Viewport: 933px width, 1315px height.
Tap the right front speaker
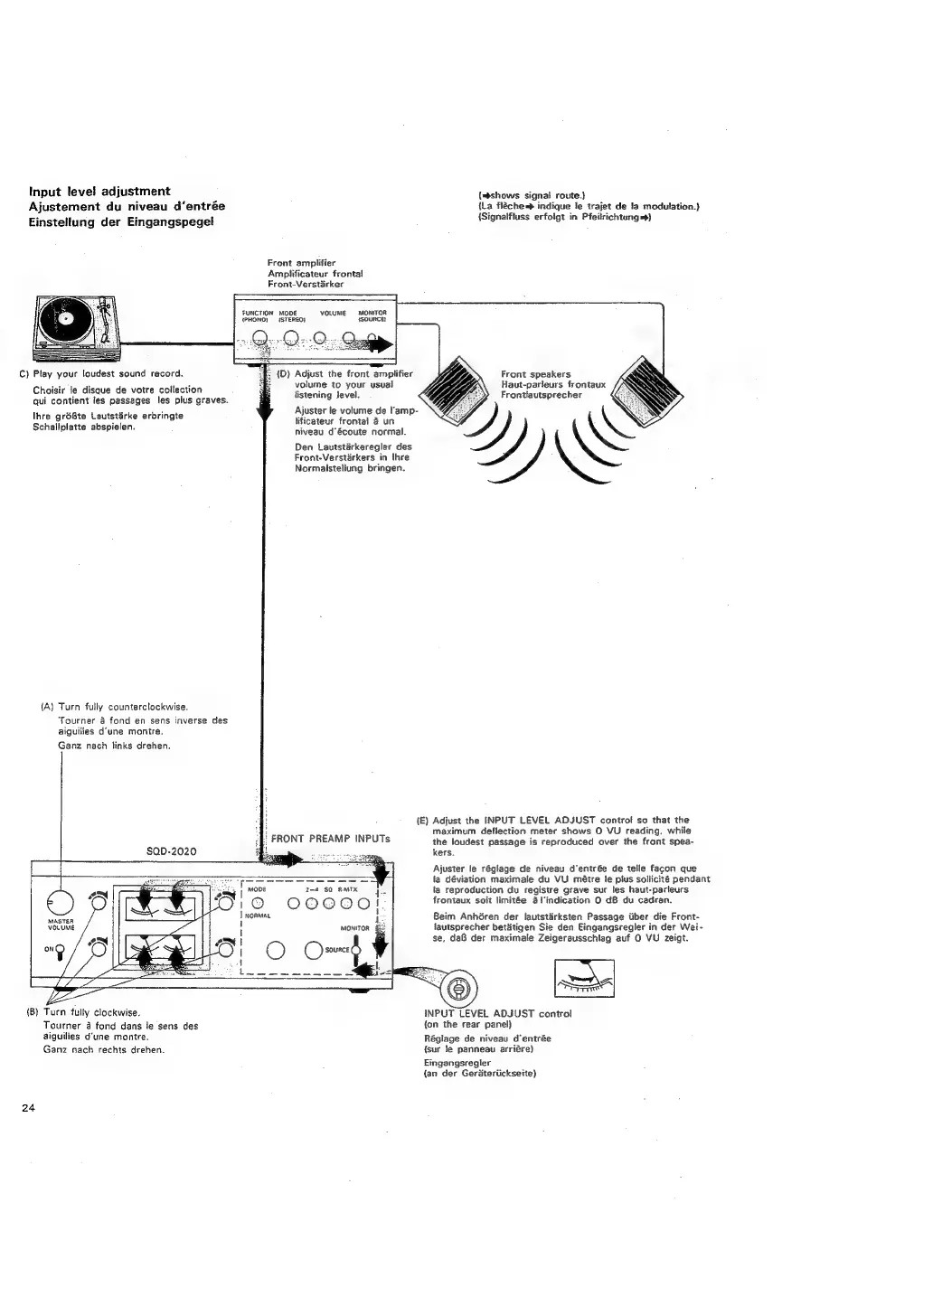pyautogui.click(x=646, y=390)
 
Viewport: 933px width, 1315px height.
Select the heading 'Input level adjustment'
pyautogui.click(x=99, y=191)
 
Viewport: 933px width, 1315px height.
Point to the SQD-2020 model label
pyautogui.click(x=171, y=850)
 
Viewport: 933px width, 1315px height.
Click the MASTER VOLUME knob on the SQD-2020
pyautogui.click(x=60, y=902)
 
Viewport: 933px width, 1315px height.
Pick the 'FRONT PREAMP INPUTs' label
pyautogui.click(x=331, y=839)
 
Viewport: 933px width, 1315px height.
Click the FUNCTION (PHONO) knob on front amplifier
pyautogui.click(x=259, y=339)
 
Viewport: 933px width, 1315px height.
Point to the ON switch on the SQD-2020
pyautogui.click(x=60, y=949)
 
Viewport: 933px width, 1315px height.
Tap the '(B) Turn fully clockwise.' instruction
pyautogui.click(x=82, y=1013)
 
